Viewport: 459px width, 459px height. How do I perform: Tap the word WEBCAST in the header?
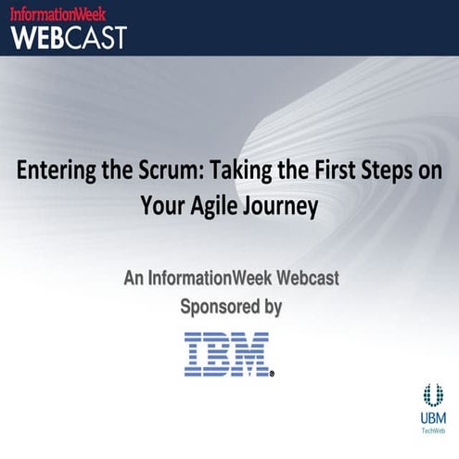tap(68, 36)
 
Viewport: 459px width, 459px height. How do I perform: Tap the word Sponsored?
tap(220, 306)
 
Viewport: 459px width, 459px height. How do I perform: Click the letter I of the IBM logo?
tap(195, 353)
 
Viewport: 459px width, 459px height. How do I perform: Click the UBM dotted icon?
tap(433, 394)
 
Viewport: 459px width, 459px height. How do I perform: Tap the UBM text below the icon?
tap(433, 418)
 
